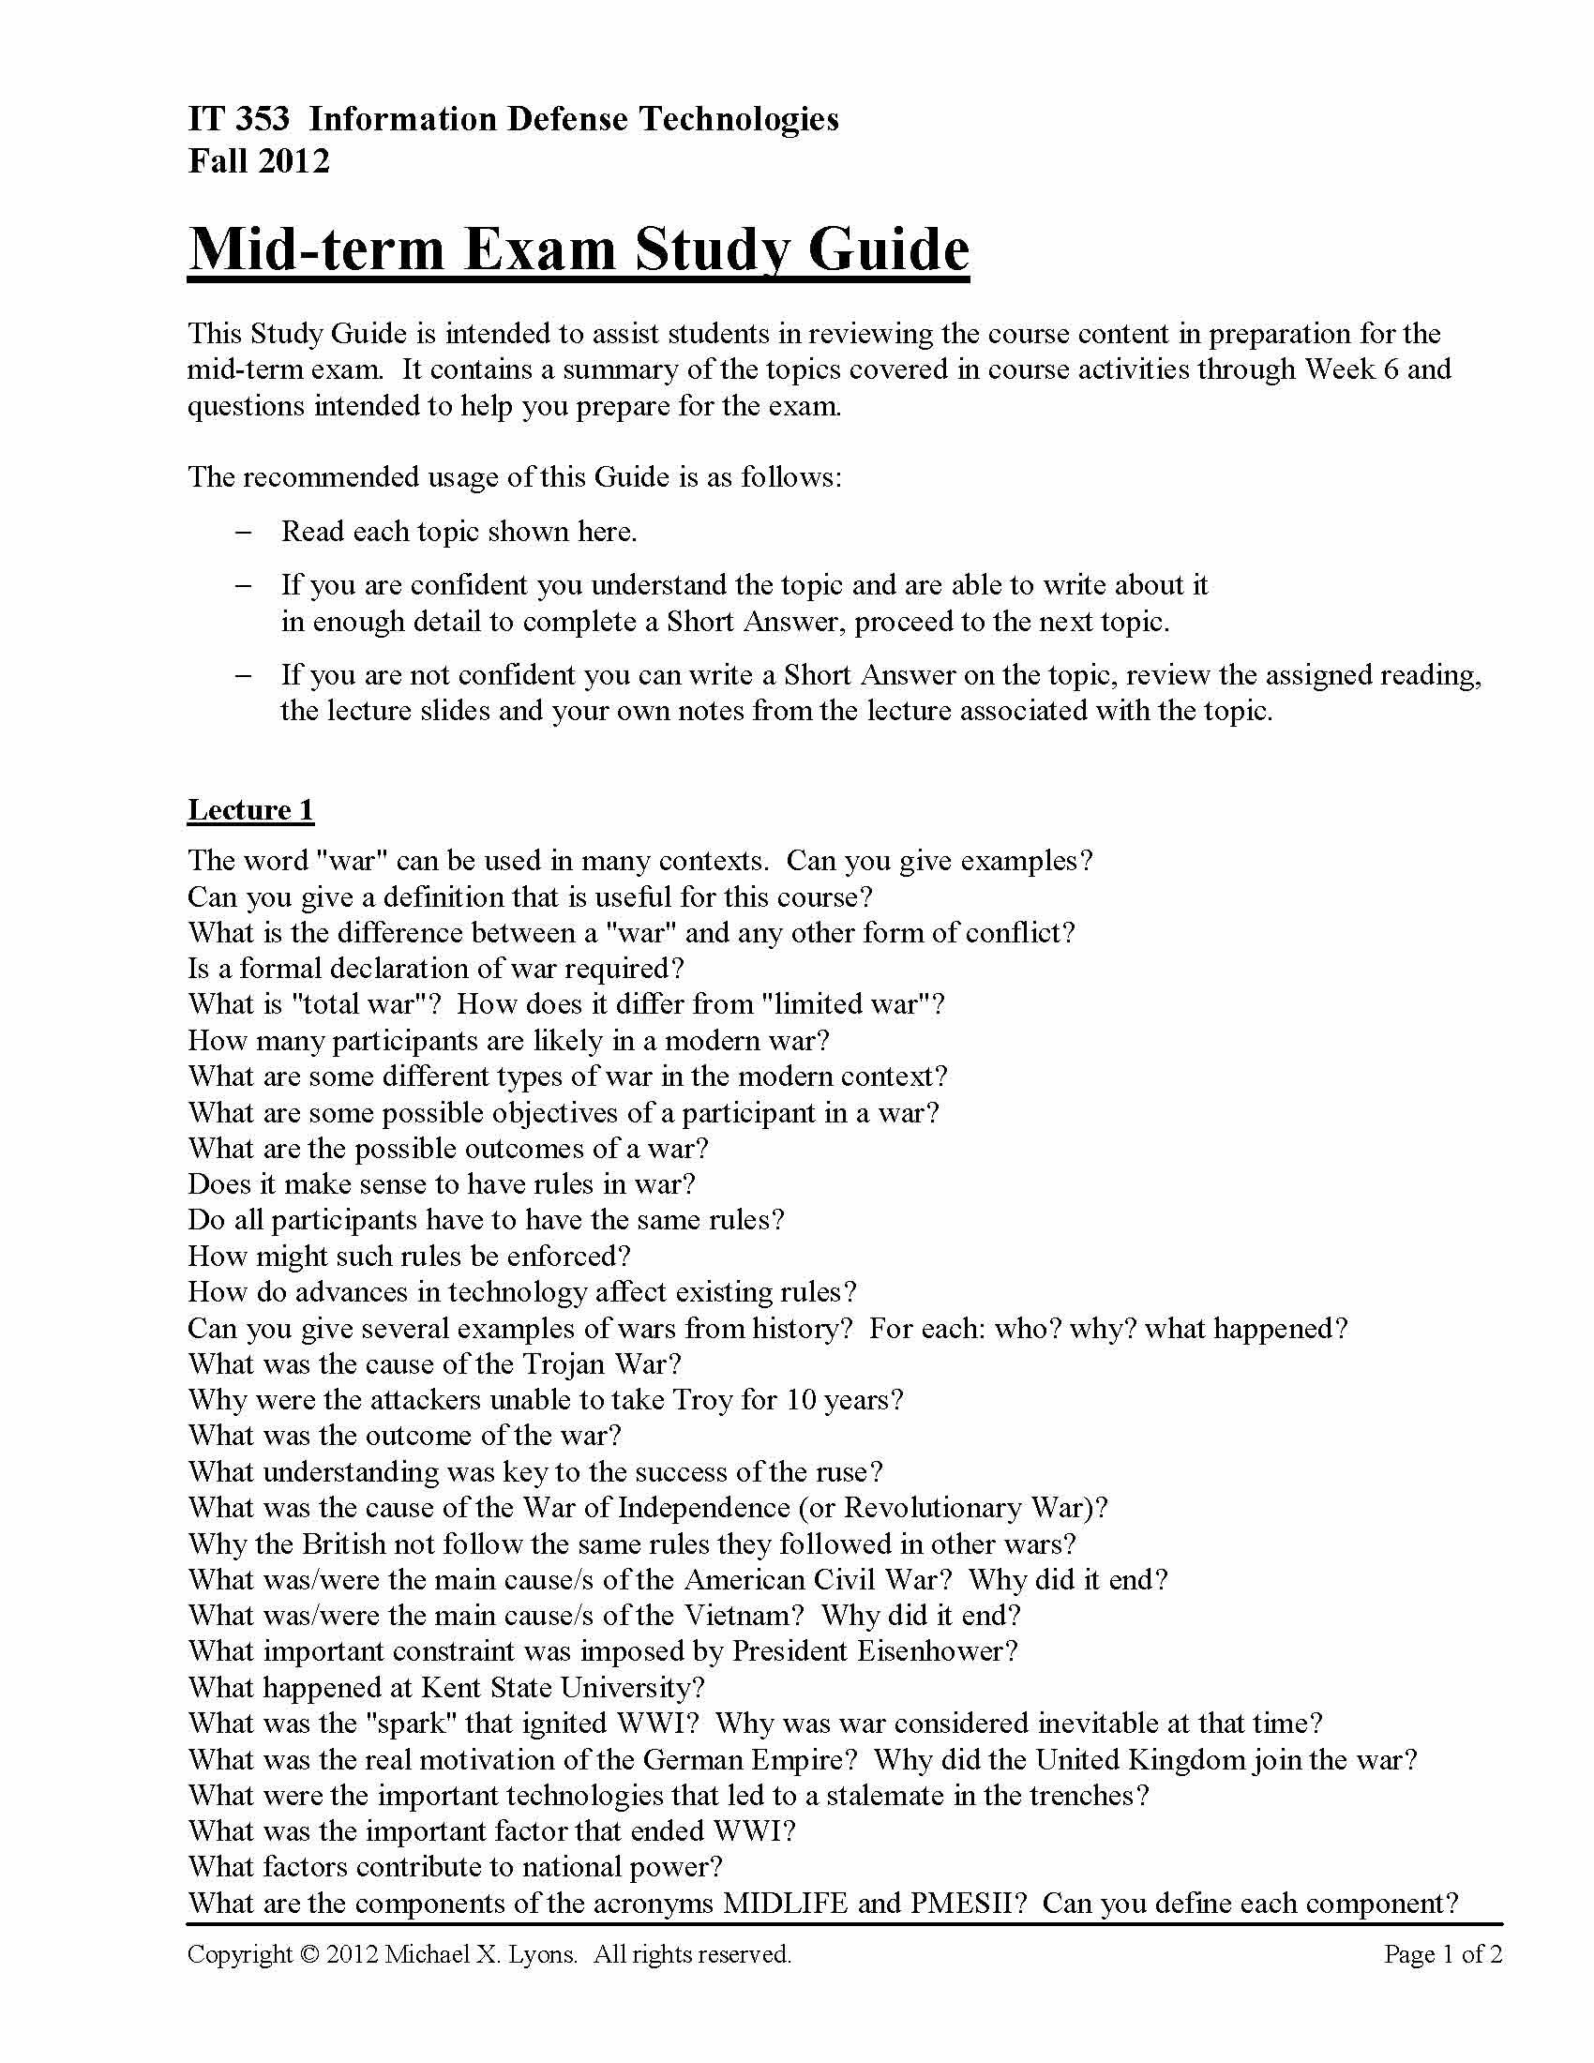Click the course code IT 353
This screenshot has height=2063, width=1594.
click(239, 119)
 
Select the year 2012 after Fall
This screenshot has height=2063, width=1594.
click(293, 160)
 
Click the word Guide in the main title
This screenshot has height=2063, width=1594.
click(889, 249)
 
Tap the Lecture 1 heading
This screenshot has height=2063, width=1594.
click(250, 810)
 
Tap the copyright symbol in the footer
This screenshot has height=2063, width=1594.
click(309, 1954)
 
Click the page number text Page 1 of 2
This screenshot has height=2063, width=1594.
click(1442, 1954)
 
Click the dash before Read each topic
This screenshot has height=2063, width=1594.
click(244, 532)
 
